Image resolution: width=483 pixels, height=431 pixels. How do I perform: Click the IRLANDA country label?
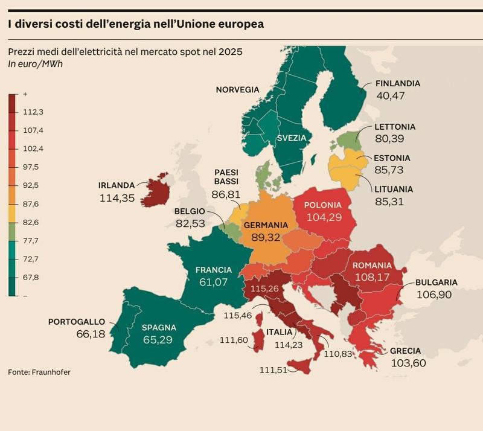tap(117, 185)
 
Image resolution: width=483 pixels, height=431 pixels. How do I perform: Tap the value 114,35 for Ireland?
tap(117, 197)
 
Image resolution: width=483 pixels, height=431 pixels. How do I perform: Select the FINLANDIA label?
tap(397, 84)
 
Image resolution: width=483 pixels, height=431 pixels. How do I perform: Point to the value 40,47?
tap(391, 95)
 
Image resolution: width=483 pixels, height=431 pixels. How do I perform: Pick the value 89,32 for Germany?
tap(266, 238)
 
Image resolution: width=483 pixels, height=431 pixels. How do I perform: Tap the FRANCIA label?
tap(214, 269)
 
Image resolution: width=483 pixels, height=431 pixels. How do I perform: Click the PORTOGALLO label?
tap(77, 322)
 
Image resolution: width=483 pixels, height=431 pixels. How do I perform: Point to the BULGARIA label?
tap(437, 282)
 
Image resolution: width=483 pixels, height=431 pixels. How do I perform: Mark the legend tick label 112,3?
tap(33, 112)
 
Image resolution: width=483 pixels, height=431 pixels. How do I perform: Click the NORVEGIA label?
tap(237, 90)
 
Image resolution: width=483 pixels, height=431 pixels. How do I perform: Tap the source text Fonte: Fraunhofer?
tap(39, 372)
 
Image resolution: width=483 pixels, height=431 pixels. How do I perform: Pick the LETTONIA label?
tap(395, 127)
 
